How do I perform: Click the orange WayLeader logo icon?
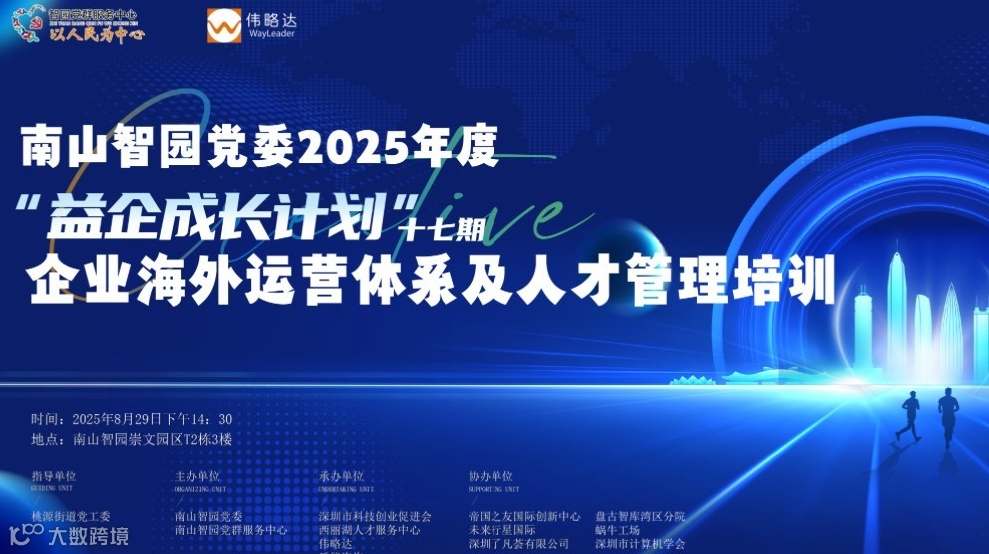coord(224,26)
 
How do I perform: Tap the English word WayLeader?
coord(269,34)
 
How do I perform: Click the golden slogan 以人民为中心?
coord(96,33)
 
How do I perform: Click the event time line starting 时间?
coord(131,419)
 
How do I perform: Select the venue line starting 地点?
coord(131,438)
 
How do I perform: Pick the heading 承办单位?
coord(341,477)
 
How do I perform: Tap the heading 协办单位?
coord(490,477)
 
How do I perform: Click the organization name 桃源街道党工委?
coord(72,516)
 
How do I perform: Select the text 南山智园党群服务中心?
coord(231,530)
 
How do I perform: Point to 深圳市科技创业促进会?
coord(375,516)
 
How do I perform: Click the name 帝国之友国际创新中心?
coord(523,516)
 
